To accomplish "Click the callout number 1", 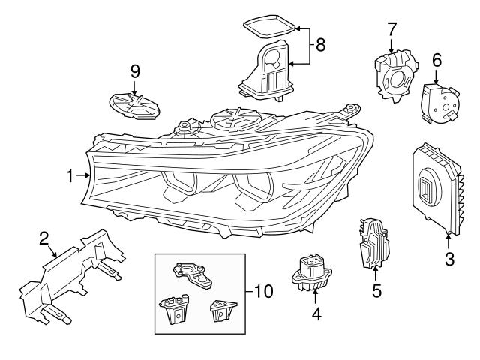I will click(70, 176).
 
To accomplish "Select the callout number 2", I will click(44, 238).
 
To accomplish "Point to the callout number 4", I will click(316, 316).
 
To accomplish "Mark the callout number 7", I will click(391, 31).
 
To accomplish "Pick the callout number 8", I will click(321, 44).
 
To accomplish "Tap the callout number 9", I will click(135, 72).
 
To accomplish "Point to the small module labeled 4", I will click(311, 274).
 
